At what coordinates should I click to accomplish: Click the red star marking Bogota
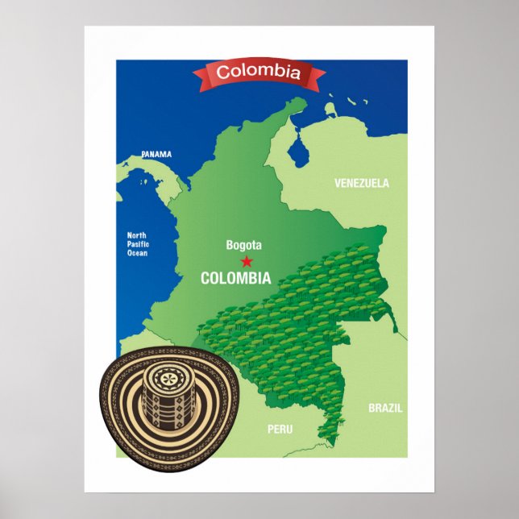[x=247, y=261]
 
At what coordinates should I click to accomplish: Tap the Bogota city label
[x=243, y=245]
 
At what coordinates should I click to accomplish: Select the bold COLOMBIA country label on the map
[x=235, y=279]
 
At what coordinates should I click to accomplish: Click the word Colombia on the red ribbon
[x=259, y=73]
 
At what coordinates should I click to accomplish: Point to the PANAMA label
[x=156, y=154]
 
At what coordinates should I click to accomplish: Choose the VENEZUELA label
[x=362, y=183]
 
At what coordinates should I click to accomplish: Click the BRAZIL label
[x=385, y=408]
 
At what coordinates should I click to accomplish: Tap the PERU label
[x=280, y=430]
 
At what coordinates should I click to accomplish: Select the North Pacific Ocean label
[x=138, y=244]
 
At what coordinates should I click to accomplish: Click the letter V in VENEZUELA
[x=338, y=183]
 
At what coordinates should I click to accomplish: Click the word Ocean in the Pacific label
[x=138, y=253]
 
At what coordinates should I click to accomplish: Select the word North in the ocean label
[x=137, y=235]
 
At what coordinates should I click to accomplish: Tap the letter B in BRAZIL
[x=372, y=408]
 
